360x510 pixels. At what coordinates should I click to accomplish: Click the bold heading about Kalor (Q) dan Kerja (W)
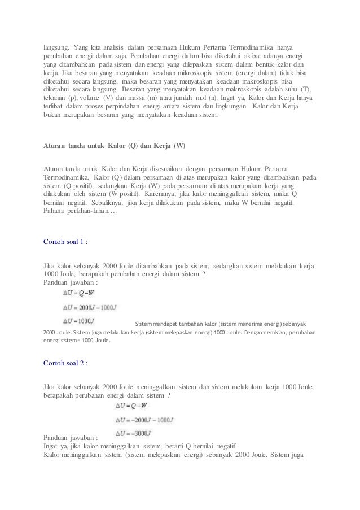[x=114, y=146]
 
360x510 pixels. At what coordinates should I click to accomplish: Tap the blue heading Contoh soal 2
[x=65, y=362]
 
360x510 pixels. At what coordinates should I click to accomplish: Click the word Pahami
[x=55, y=211]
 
